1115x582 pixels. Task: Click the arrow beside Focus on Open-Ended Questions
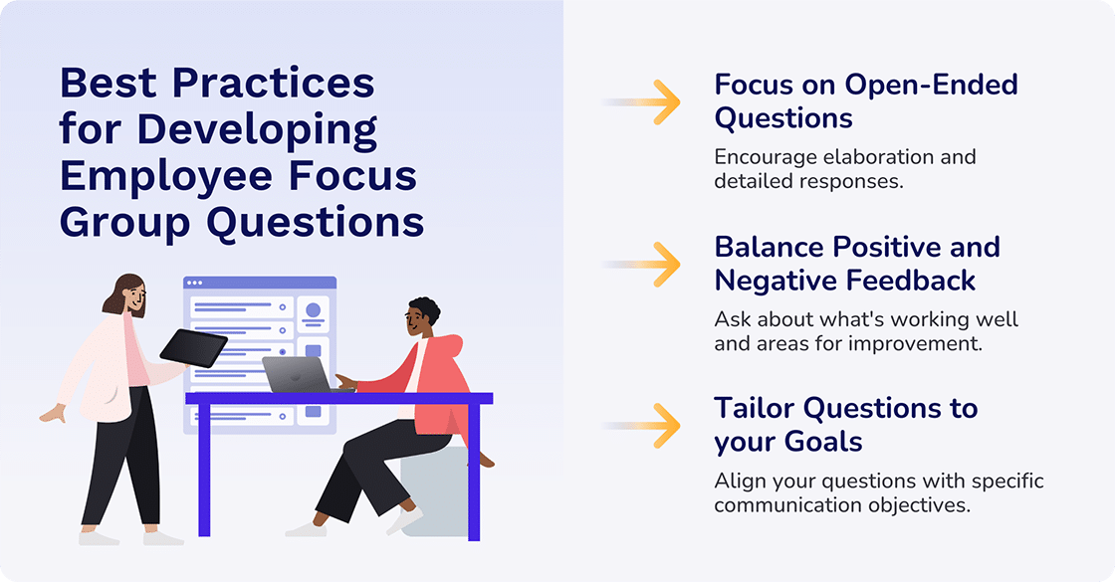(657, 101)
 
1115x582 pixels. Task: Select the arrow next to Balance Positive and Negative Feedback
(657, 264)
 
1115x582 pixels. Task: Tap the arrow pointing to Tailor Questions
(657, 426)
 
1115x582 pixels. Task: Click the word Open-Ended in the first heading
(931, 85)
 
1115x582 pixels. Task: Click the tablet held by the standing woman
(193, 346)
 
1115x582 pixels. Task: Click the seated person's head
(421, 317)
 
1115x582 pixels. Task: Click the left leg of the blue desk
(205, 469)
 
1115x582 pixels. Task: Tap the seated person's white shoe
(308, 528)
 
